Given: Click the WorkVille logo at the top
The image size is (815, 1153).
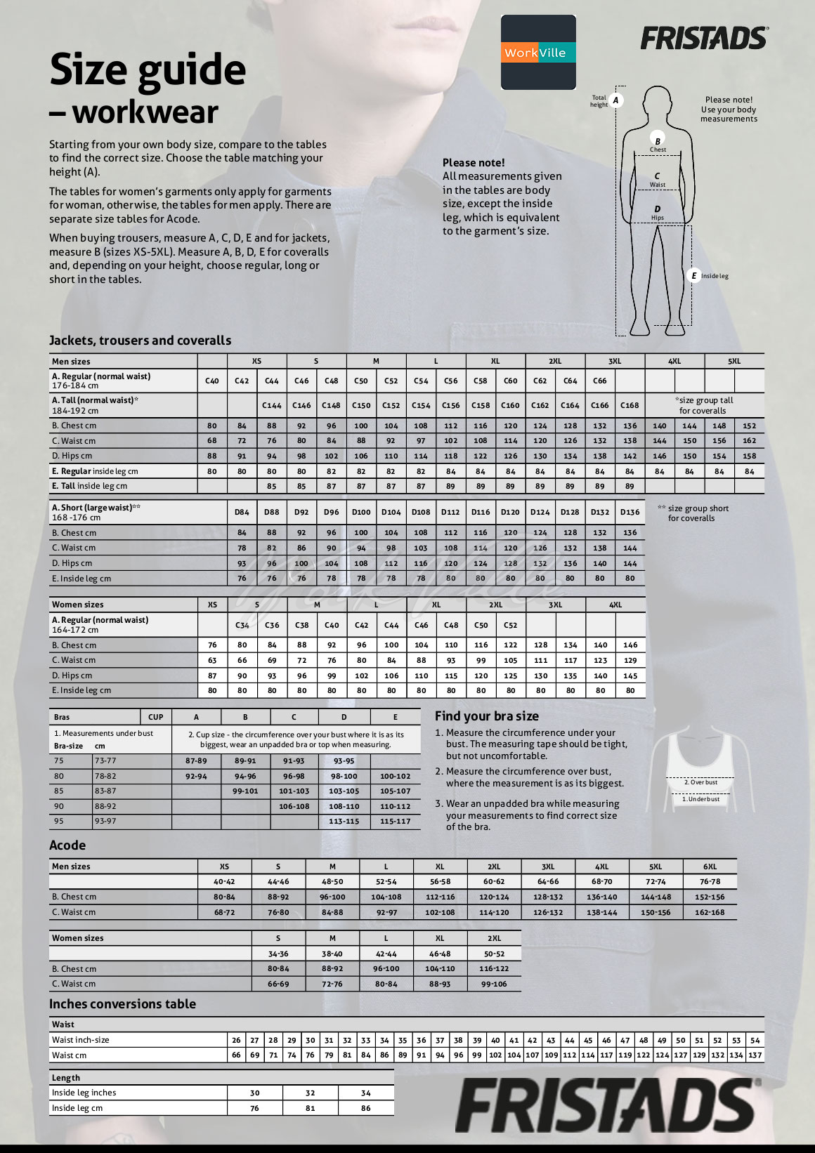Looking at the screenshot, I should [537, 53].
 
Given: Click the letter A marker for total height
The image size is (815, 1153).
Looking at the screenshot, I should [615, 100].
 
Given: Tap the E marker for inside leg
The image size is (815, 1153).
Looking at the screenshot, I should [693, 276].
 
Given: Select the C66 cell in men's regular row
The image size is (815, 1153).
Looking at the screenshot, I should [599, 381].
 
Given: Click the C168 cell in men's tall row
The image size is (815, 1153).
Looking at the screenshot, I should [630, 405].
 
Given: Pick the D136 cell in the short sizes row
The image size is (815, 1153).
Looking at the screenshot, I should [630, 512].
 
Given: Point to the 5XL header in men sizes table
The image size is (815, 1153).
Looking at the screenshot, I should [733, 361].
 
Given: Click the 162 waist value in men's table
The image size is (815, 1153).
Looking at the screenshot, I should [749, 441].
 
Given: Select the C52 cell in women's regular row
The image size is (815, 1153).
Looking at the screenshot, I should [510, 625].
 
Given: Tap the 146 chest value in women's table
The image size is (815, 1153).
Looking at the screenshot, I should [630, 645].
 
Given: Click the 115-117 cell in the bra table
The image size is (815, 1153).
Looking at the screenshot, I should [395, 821].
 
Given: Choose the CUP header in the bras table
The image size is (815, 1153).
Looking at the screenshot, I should [156, 717].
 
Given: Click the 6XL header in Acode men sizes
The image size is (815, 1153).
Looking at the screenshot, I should [710, 867].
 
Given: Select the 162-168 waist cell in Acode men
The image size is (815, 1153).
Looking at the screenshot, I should [710, 912].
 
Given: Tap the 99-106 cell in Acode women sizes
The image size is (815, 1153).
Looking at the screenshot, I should [494, 984].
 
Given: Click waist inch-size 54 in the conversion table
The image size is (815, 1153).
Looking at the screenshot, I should [755, 1040].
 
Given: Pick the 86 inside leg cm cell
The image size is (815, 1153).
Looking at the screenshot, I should [365, 1108].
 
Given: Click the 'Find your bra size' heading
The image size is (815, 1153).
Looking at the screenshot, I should [486, 716].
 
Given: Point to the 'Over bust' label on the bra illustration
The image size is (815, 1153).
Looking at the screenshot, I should [700, 782].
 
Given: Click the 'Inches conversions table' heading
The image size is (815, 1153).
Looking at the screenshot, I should [122, 1004].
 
